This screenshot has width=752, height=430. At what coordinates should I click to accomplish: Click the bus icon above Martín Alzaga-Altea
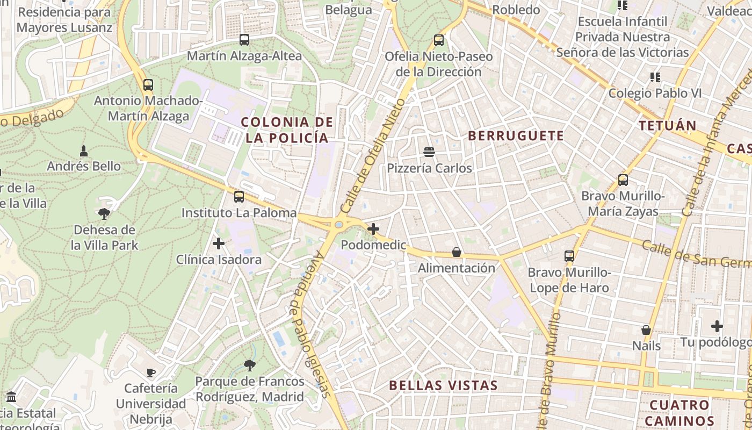coord(244,39)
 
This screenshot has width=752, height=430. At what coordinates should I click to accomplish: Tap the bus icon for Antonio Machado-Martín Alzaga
coord(148,84)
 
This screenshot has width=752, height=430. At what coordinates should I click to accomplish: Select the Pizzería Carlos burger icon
coord(429,152)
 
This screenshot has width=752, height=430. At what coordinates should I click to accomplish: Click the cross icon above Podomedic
coord(373,229)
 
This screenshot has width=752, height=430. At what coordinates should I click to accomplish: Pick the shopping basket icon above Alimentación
coord(457,252)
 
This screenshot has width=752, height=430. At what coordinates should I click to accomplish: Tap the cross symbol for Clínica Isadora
coord(219,243)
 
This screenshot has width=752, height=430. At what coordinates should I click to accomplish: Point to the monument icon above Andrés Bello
coord(84,150)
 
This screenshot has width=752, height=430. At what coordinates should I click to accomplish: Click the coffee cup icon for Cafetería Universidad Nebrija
coord(151,372)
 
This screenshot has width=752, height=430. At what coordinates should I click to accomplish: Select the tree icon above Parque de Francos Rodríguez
coord(249,365)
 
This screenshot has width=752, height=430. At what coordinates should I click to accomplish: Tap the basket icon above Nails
coord(646,329)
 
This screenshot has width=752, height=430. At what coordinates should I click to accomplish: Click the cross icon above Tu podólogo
coord(717,326)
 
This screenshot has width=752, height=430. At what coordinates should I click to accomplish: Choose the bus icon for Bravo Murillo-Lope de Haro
coord(569,256)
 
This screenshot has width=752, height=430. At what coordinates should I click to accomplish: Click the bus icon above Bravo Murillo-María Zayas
coord(623,180)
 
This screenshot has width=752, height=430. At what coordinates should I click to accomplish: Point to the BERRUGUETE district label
coord(516,136)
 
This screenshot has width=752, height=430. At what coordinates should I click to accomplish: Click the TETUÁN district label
coord(668,126)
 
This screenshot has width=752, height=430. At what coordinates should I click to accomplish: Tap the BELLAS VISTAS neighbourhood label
coord(443,385)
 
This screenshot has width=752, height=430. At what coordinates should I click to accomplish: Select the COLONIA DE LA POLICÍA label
coord(287,130)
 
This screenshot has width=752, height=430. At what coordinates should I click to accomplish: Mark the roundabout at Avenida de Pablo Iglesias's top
coord(339,225)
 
